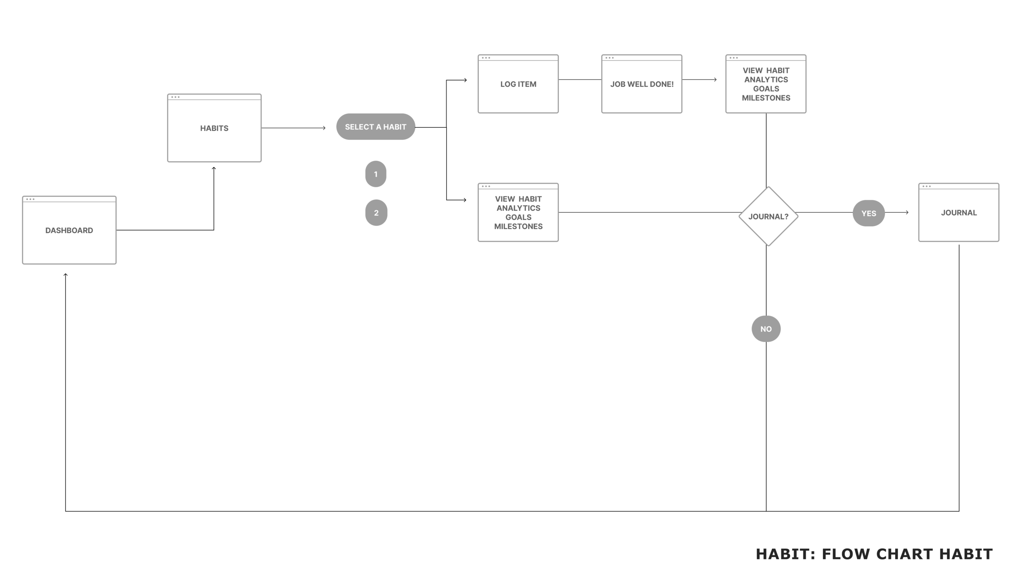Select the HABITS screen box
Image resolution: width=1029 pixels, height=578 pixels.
[x=214, y=128]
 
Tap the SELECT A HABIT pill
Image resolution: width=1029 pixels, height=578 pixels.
[x=375, y=127]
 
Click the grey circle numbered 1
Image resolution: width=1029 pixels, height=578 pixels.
[x=376, y=174]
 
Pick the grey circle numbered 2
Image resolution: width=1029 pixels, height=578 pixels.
[x=376, y=213]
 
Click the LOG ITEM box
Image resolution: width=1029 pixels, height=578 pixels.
[x=518, y=84]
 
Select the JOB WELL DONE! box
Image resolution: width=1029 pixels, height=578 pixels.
[x=642, y=84]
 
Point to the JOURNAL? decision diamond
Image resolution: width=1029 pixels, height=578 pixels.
[x=768, y=216]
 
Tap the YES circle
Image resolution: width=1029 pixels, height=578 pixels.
[x=868, y=213]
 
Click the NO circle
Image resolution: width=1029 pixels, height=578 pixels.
[x=766, y=329]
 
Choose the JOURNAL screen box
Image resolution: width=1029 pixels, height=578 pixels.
[x=959, y=213]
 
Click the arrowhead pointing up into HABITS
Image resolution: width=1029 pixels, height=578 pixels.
[x=214, y=168]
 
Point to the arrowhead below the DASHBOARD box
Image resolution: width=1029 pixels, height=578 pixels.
[x=65, y=275]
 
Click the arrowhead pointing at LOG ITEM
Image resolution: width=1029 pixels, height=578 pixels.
[x=465, y=80]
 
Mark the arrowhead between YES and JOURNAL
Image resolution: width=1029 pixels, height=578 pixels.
[x=907, y=212]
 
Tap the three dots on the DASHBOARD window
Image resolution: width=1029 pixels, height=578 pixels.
[x=30, y=199]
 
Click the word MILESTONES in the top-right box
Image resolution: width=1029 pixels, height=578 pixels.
[x=766, y=98]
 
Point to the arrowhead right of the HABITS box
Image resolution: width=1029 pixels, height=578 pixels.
[x=324, y=128]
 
